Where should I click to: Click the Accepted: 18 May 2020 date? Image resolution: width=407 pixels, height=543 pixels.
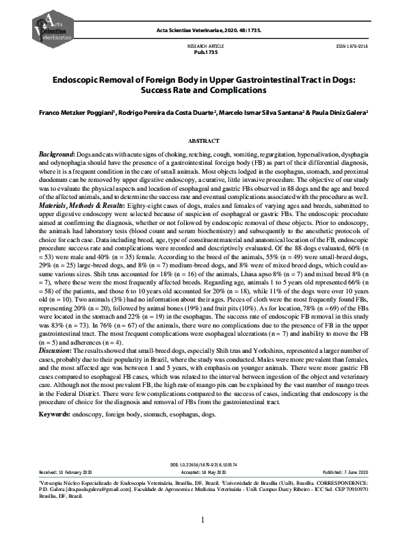point(203,472)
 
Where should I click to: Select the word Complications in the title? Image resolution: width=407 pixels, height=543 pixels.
point(237,90)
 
